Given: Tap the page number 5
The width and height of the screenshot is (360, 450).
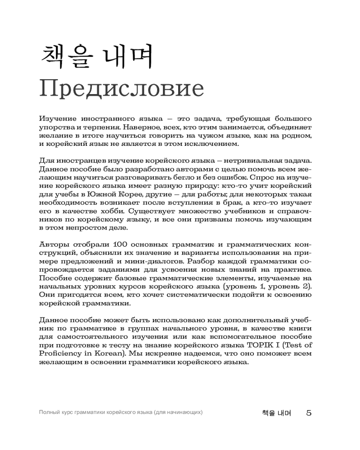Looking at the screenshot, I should pos(309,412).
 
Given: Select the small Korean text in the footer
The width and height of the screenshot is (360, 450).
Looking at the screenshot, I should pos(276,412).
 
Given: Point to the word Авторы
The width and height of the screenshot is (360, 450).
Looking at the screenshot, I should pos(54,244).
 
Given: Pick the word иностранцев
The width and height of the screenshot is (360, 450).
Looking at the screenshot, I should pos(75,161).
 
